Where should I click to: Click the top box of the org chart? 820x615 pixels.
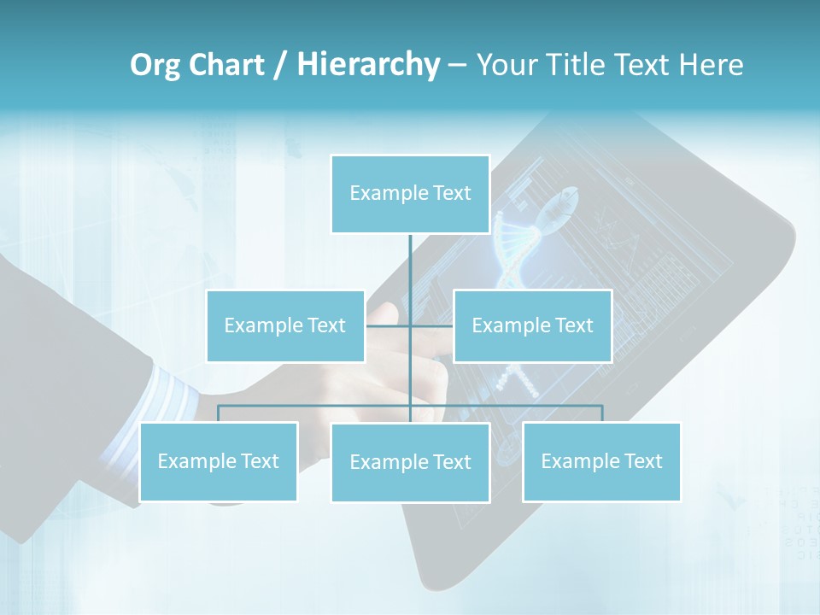pyautogui.click(x=410, y=194)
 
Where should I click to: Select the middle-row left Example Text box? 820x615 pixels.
pyautogui.click(x=284, y=325)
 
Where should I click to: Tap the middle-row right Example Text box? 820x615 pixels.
pyautogui.click(x=532, y=325)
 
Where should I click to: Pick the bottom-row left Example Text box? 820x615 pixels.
pyautogui.click(x=218, y=461)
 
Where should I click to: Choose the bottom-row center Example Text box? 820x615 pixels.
pyautogui.click(x=410, y=462)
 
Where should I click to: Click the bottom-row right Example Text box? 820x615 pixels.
pyautogui.click(x=601, y=461)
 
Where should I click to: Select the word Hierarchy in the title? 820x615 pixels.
pyautogui.click(x=368, y=65)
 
